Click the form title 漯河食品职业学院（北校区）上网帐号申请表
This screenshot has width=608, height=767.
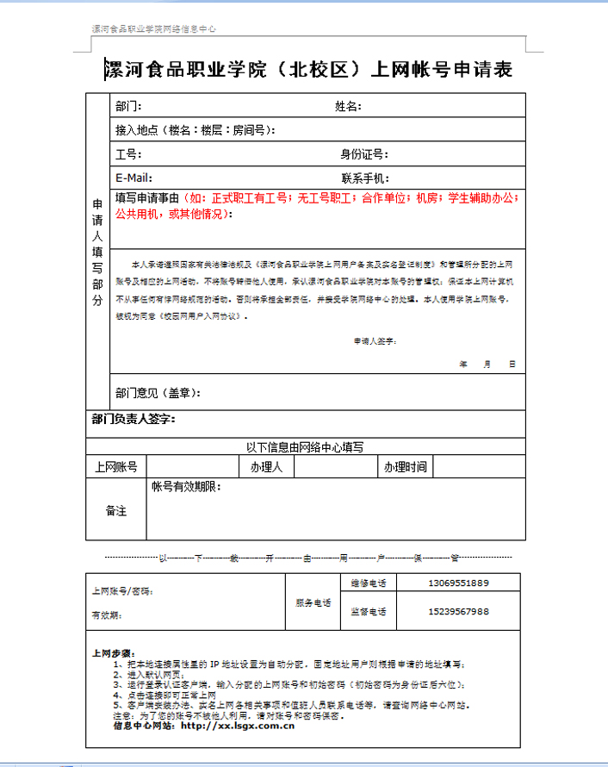tap(307, 69)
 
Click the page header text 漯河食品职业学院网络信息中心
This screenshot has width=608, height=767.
tap(154, 29)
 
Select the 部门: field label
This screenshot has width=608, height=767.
tap(128, 107)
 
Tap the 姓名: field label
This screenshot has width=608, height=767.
tap(348, 107)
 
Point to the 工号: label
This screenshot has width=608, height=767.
tap(128, 154)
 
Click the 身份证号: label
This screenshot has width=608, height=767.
tap(364, 154)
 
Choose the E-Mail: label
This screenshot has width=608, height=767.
tap(134, 178)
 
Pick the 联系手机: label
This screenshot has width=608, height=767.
tap(365, 178)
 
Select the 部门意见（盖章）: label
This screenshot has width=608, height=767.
tap(158, 393)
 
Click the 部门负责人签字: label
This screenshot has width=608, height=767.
tap(133, 419)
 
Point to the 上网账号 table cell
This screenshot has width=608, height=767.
tap(116, 467)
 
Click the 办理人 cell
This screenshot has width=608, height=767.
tap(267, 467)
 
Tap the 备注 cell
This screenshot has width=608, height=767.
tap(116, 510)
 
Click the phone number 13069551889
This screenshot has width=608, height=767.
tap(458, 583)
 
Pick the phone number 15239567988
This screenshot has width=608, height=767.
tap(458, 611)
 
